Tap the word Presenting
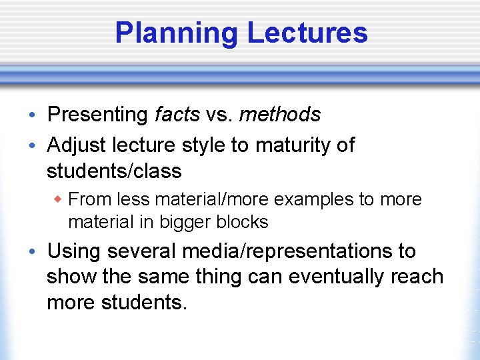point(97,115)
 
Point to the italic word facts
point(177,115)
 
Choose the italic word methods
point(279,115)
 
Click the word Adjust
point(75,145)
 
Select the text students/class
point(114,171)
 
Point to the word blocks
point(243,222)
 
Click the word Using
point(74,251)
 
